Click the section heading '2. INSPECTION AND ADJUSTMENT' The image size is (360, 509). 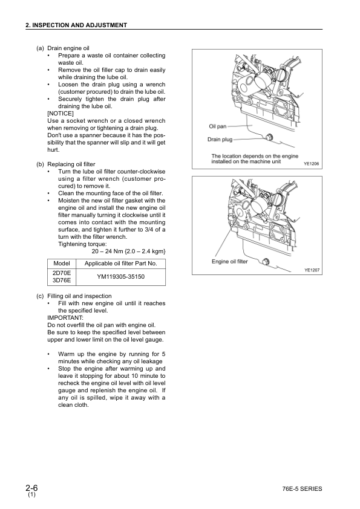pos(76,25)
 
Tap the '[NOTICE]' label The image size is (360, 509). pos(61,114)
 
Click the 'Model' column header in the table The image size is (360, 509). pos(62,264)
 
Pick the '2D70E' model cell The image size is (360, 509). pos(62,273)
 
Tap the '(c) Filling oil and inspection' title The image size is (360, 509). pos(77,296)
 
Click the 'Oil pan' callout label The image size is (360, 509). pos(217,126)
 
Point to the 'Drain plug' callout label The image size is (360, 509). pos(220,139)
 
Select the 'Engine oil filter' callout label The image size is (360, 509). pos(229,262)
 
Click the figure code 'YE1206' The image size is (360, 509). pos(311,163)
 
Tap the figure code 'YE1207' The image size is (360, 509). pos(311,270)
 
